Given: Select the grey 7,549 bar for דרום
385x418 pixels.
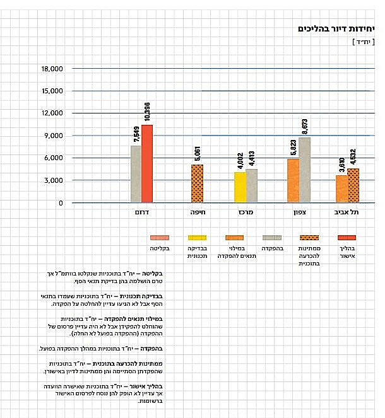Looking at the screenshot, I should click(136, 174).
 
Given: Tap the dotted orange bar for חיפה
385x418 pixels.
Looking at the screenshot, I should click(197, 183).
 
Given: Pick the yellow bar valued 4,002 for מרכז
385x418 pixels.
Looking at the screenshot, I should click(240, 187).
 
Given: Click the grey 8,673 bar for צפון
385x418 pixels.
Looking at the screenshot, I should click(305, 170).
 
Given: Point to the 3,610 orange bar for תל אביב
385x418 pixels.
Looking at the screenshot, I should click(341, 189).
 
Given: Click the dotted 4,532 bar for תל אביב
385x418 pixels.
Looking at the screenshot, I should click(353, 185).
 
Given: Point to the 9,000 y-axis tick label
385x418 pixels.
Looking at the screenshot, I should click(52, 136).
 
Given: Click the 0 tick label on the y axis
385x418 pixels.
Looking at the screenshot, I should click(61, 203).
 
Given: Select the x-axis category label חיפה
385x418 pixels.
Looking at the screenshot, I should click(197, 213).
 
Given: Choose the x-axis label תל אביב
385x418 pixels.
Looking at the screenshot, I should click(347, 213).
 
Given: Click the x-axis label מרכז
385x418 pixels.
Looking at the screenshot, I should click(246, 213).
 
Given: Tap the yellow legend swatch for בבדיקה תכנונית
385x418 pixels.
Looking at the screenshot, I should click(197, 238).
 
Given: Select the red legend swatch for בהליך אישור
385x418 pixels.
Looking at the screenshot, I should click(346, 238).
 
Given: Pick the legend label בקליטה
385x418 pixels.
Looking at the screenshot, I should click(160, 249).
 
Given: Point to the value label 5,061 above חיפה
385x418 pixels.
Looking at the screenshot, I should click(198, 154).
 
